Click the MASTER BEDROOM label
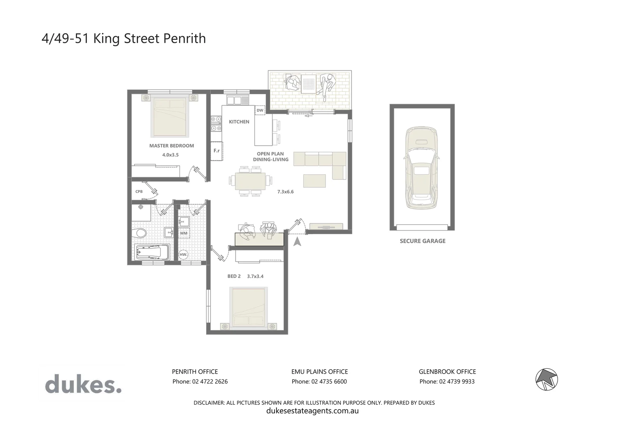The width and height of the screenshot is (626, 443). click(x=171, y=146)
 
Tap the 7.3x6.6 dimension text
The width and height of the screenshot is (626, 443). click(x=285, y=192)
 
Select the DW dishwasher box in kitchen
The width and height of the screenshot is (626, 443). click(x=260, y=110)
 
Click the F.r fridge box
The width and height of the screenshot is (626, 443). click(x=216, y=151)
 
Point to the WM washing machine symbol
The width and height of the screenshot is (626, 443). click(x=184, y=233)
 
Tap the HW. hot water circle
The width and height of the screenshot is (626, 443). click(x=184, y=255)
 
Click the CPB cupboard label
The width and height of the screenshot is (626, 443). click(x=139, y=192)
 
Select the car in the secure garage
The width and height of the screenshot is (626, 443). click(x=422, y=168)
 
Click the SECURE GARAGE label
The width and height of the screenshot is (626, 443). click(x=422, y=241)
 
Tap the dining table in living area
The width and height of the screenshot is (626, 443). click(x=250, y=180)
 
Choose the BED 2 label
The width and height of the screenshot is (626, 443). click(x=234, y=276)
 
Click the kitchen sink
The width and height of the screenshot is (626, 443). click(x=235, y=100)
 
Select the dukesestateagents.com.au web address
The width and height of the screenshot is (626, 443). click(x=312, y=411)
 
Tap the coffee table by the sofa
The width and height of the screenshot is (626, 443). click(x=314, y=180)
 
